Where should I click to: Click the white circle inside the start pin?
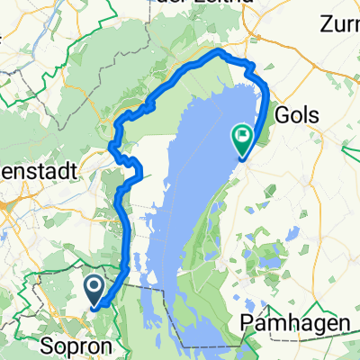(95, 286)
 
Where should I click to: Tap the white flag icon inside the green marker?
(242, 137)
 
